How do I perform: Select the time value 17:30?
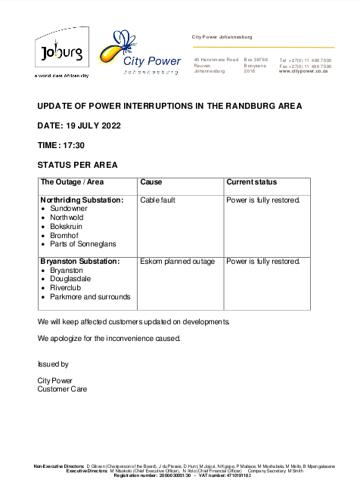coord(74,145)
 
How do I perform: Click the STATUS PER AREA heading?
coord(77,165)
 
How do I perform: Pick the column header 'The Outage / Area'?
coord(72,182)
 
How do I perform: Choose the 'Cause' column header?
coord(151,182)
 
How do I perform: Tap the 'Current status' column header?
coord(251,182)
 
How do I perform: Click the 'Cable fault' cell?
coord(160,200)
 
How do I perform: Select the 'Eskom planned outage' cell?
coord(177,262)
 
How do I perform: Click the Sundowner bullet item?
coord(69,209)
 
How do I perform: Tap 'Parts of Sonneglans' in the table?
coord(82,244)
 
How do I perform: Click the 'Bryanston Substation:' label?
coord(79,262)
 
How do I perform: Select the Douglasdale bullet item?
coord(70,279)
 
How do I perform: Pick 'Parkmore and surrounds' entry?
coord(89,297)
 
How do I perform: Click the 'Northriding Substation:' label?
coord(82,200)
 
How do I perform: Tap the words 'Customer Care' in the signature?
coord(62,389)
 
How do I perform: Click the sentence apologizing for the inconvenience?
coord(109,338)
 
